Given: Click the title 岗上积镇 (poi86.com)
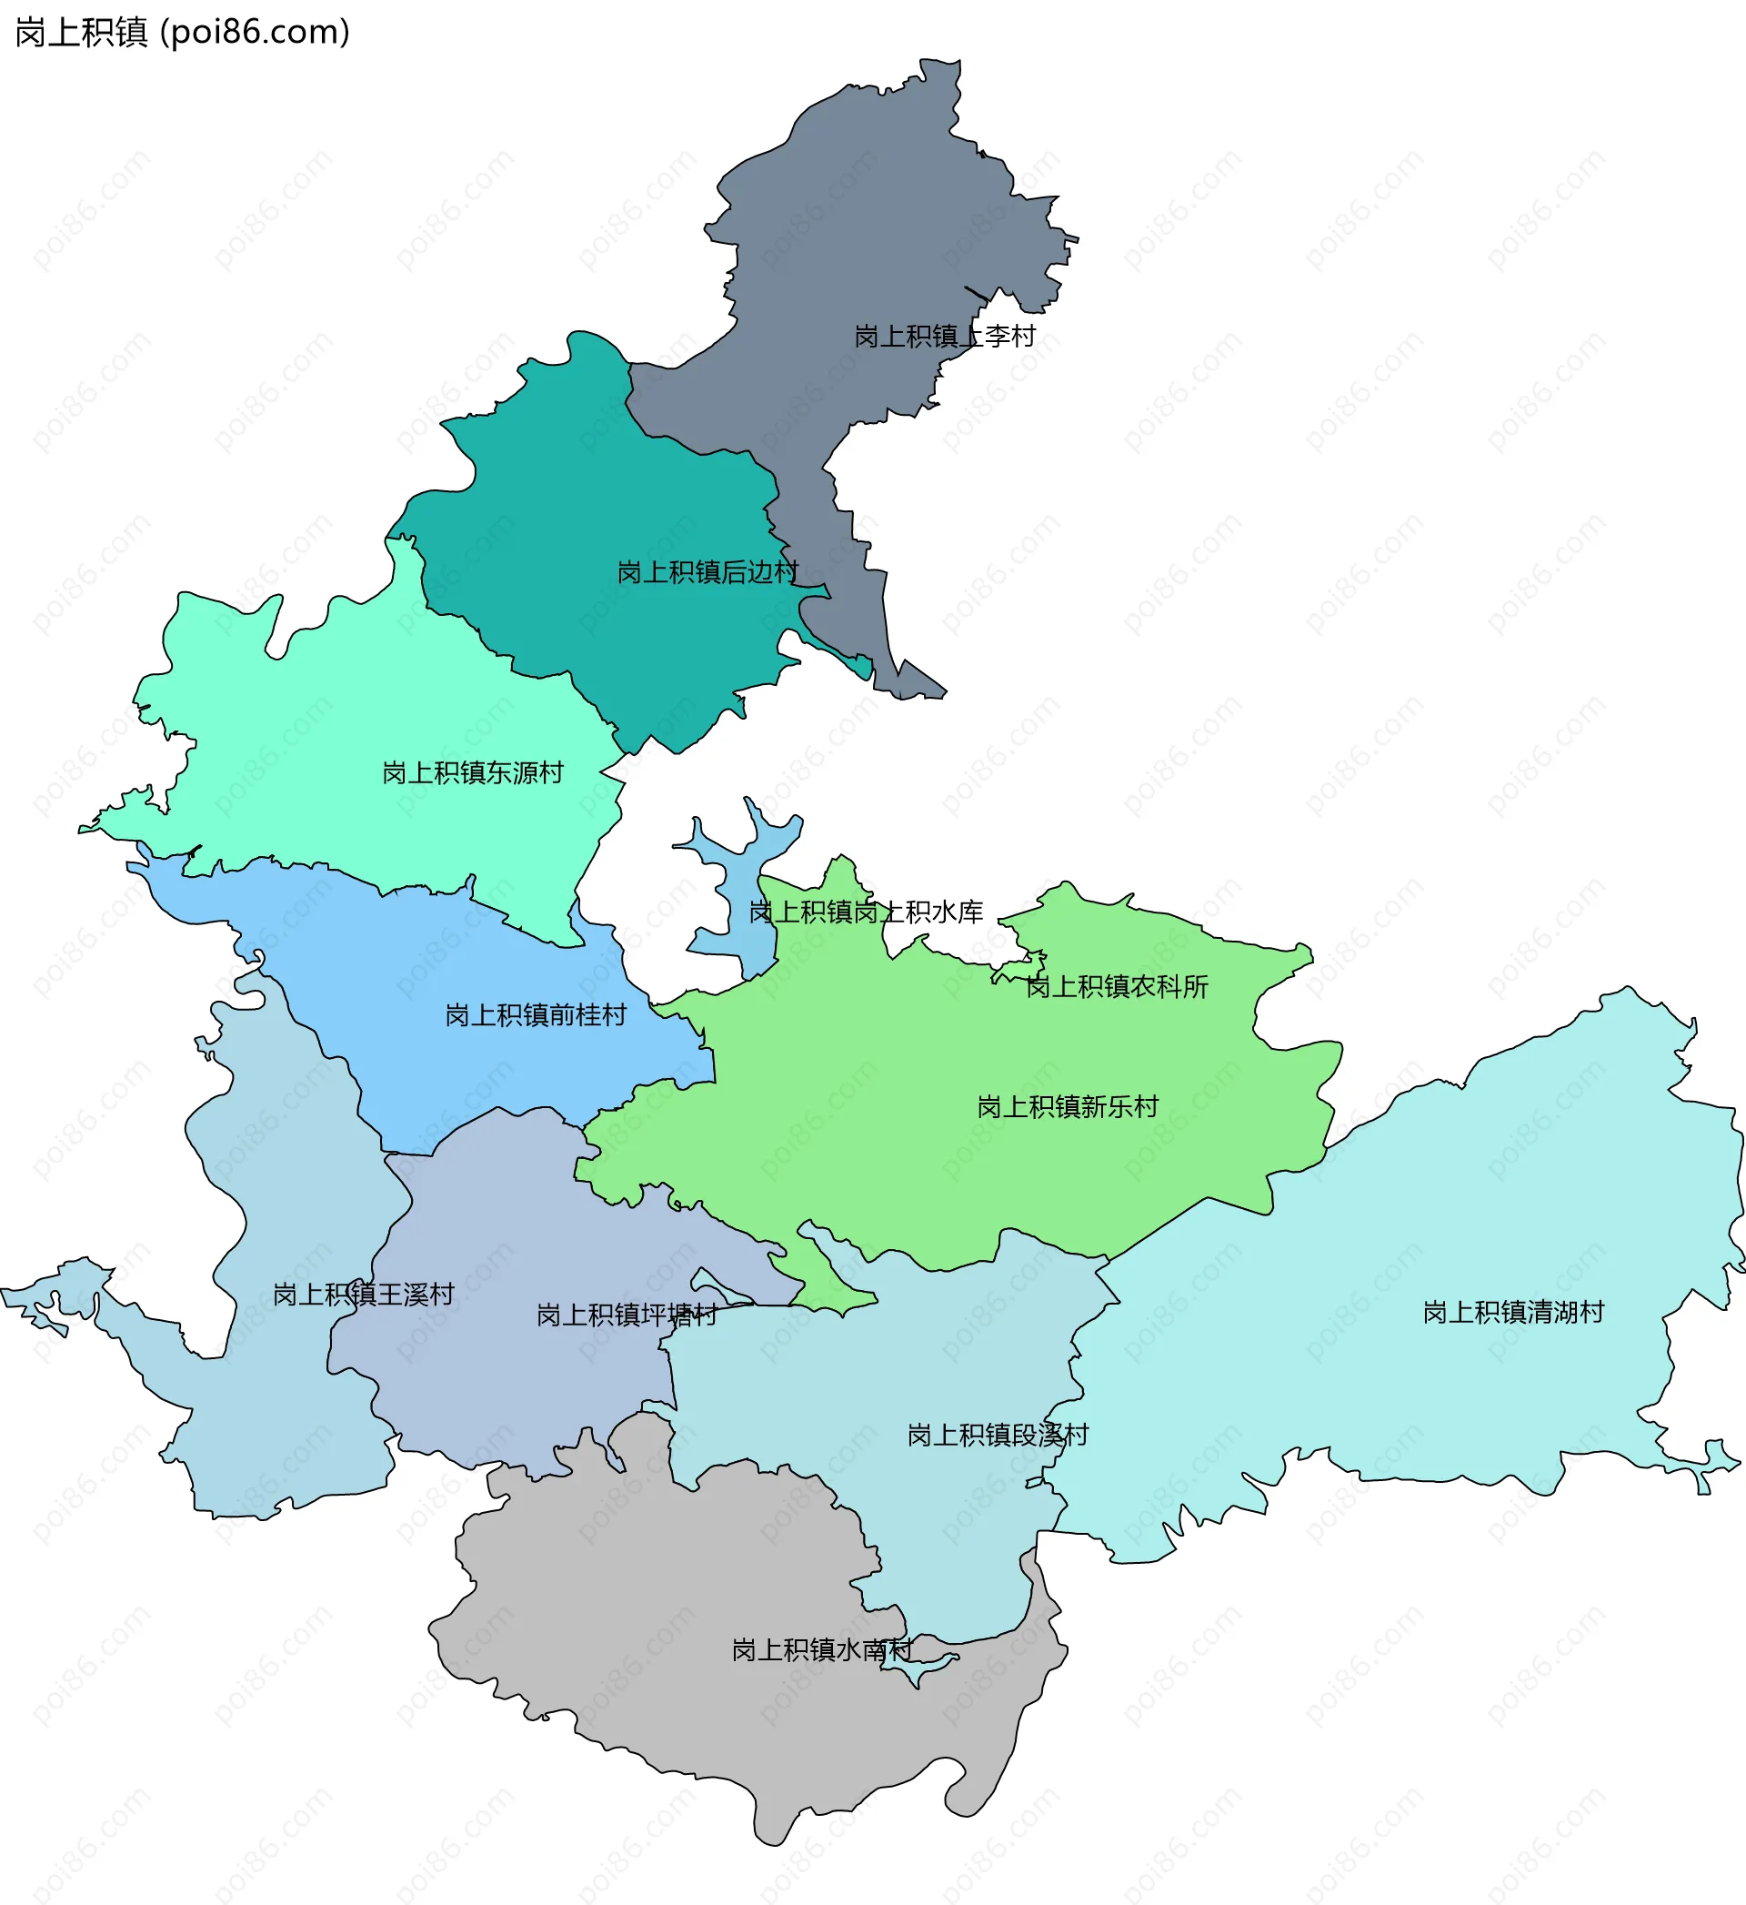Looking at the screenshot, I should pos(183,32).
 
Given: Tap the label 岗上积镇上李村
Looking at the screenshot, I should pos(944,337).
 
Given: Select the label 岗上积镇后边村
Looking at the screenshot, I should pos(707,571).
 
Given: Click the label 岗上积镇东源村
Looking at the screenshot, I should pos(472,773).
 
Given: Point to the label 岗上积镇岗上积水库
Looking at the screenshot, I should pos(866,912).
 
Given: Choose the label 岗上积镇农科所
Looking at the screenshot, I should pos(1117,986).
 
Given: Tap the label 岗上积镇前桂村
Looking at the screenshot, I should pos(536,1015).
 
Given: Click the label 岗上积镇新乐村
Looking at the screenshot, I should pos(1067,1106).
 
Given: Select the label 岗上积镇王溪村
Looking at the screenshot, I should pos(364,1295).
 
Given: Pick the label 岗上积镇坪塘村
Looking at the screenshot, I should pos(627,1315).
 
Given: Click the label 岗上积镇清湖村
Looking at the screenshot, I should pos(1512,1313).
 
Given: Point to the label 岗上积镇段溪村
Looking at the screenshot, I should pos(997,1436).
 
